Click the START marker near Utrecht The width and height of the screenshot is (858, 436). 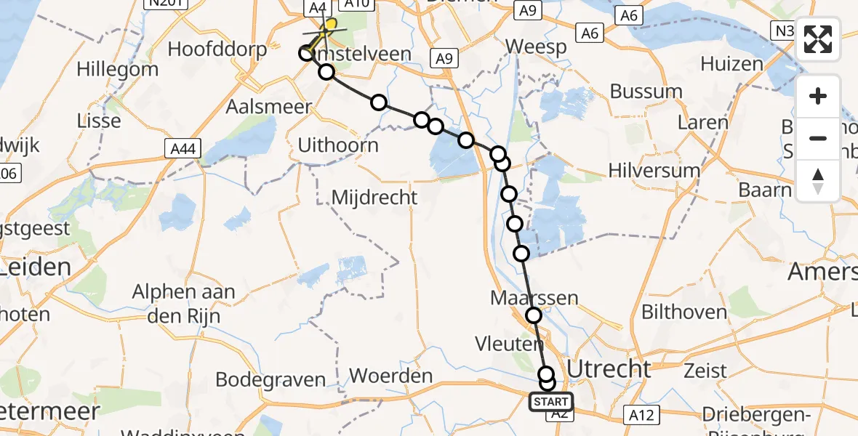551,402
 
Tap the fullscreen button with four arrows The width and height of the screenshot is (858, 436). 818,39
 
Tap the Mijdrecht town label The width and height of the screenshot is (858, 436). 374,197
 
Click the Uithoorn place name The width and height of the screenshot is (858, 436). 338,145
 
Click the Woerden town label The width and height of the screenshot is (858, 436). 390,376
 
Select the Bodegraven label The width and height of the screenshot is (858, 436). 270,380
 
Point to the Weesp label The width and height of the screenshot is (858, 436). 536,47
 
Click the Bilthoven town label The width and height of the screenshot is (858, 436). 684,312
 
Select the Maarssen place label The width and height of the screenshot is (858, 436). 534,298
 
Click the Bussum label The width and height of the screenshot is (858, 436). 646,92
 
